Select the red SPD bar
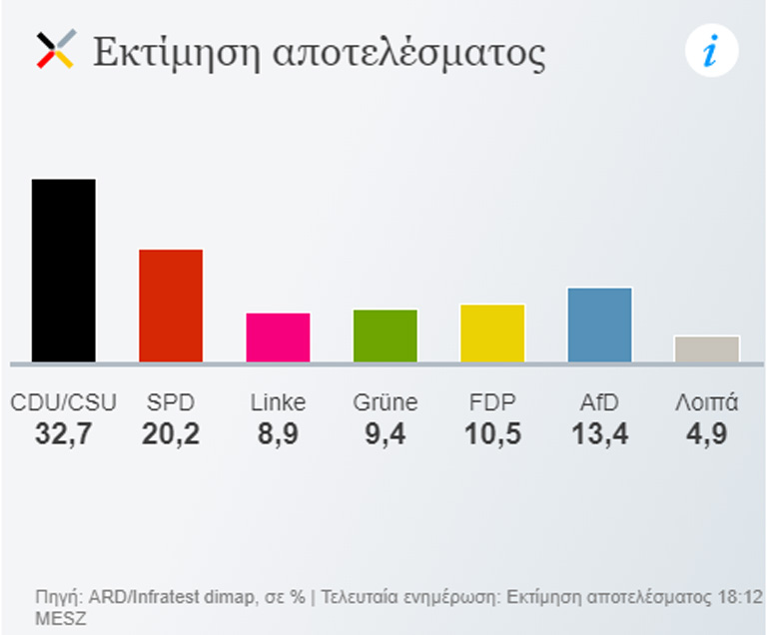pyautogui.click(x=171, y=305)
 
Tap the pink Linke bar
pyautogui.click(x=278, y=337)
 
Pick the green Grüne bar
pyautogui.click(x=385, y=335)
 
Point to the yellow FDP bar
pyautogui.click(x=492, y=332)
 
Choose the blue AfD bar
pyautogui.click(x=599, y=324)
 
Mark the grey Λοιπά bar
pyautogui.click(x=707, y=348)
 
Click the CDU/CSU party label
pyautogui.click(x=63, y=402)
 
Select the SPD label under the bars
pyautogui.click(x=171, y=402)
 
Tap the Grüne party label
pyautogui.click(x=385, y=402)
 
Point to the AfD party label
pyautogui.click(x=599, y=402)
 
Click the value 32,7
pyautogui.click(x=63, y=434)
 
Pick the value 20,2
pyautogui.click(x=171, y=434)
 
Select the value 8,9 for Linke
pyautogui.click(x=278, y=434)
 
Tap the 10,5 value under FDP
pyautogui.click(x=492, y=434)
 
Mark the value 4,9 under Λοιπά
pyautogui.click(x=707, y=434)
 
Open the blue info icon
pyautogui.click(x=711, y=51)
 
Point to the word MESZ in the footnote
pyautogui.click(x=59, y=618)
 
